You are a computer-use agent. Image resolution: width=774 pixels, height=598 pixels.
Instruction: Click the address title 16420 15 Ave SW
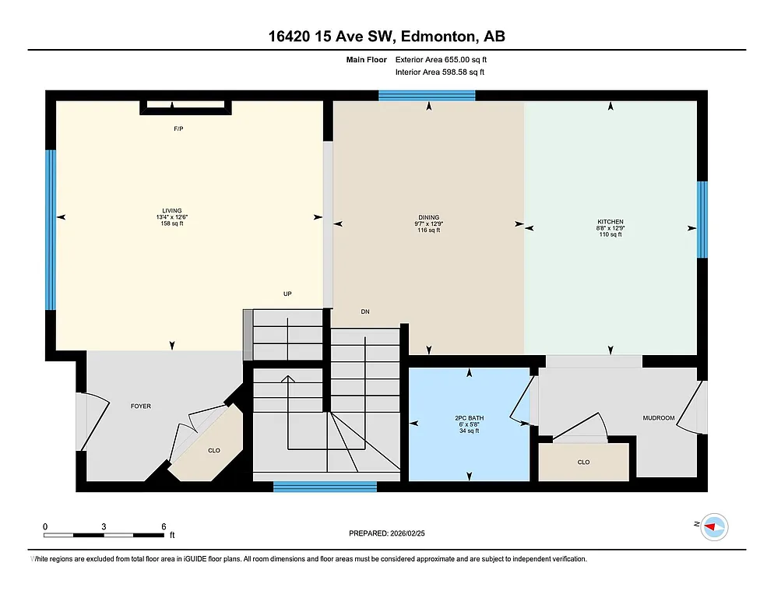point(387,37)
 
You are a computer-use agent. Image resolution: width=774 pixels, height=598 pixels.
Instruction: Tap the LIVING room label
point(171,211)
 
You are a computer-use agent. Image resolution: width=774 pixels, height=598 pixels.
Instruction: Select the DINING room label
point(428,218)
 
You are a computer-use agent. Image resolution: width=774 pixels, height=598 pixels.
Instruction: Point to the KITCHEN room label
point(610,222)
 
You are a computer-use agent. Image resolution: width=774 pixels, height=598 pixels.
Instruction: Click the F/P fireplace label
point(178,128)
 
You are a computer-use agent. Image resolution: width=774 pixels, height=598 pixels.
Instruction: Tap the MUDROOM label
point(658,418)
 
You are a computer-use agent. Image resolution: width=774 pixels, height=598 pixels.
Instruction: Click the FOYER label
point(141,406)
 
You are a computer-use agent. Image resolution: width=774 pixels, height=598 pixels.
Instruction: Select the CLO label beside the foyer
point(213,450)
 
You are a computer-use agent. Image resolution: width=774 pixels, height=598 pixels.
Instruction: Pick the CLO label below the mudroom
point(583,462)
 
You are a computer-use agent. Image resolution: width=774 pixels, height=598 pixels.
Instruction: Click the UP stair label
point(287,294)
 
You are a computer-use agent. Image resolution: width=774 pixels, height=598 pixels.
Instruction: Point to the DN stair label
point(364,311)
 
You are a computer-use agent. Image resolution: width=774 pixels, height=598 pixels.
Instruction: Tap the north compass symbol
point(712,526)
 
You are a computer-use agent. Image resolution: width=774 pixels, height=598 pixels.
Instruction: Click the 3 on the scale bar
point(104,526)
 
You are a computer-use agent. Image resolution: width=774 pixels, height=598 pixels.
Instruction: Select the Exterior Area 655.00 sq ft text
point(442,59)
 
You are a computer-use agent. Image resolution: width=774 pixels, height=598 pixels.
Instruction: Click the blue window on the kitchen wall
point(702,219)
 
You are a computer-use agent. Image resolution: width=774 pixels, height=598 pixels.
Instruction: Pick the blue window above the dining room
point(427,96)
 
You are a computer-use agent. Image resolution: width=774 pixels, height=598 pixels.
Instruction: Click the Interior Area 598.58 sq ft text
point(440,72)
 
